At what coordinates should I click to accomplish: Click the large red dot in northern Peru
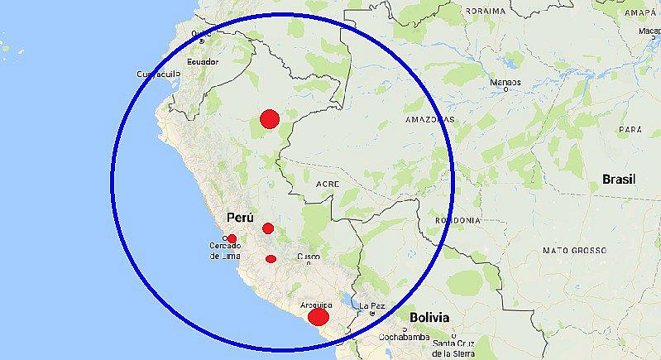[x=268, y=119]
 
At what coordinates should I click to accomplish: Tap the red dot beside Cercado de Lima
[x=232, y=239]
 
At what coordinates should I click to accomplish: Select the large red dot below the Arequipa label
[x=319, y=317]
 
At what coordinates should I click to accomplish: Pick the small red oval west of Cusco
[x=271, y=259]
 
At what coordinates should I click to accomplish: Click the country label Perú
[x=239, y=217]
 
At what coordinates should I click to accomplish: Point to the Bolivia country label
[x=429, y=317]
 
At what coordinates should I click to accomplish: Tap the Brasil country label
[x=618, y=179]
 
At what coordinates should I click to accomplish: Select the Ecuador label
[x=202, y=62]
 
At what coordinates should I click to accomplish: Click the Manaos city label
[x=505, y=83]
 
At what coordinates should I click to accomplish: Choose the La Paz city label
[x=372, y=306]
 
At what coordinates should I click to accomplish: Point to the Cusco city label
[x=309, y=257]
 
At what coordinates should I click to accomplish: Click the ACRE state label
[x=328, y=184]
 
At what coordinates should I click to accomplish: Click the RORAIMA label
[x=485, y=11]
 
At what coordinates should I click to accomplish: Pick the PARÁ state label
[x=630, y=131]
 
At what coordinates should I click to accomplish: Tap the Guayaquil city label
[x=158, y=74]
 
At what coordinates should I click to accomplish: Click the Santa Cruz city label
[x=453, y=345]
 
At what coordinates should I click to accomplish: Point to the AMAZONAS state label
[x=429, y=120]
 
